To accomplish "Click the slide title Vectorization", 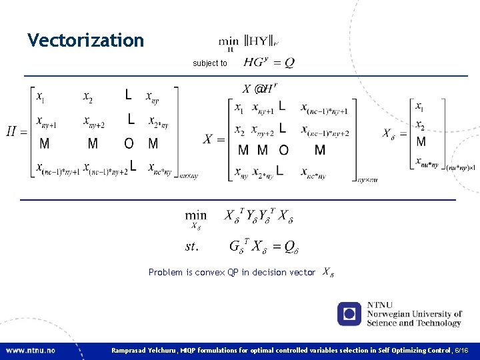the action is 85,41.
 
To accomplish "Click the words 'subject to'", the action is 210,63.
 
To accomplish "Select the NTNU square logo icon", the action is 349,314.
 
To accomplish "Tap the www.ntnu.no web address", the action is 31,350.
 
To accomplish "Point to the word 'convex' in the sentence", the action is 210,273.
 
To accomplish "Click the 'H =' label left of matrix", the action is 17,131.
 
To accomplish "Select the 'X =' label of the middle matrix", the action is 214,139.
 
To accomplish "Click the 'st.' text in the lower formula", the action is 192,247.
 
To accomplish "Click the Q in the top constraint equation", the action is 289,63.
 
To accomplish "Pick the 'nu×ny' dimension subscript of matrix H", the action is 189,175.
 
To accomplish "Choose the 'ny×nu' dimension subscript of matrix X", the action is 367,179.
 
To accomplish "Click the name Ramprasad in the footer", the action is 132,350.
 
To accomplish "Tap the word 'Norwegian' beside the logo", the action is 387,314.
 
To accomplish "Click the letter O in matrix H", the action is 129,143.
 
